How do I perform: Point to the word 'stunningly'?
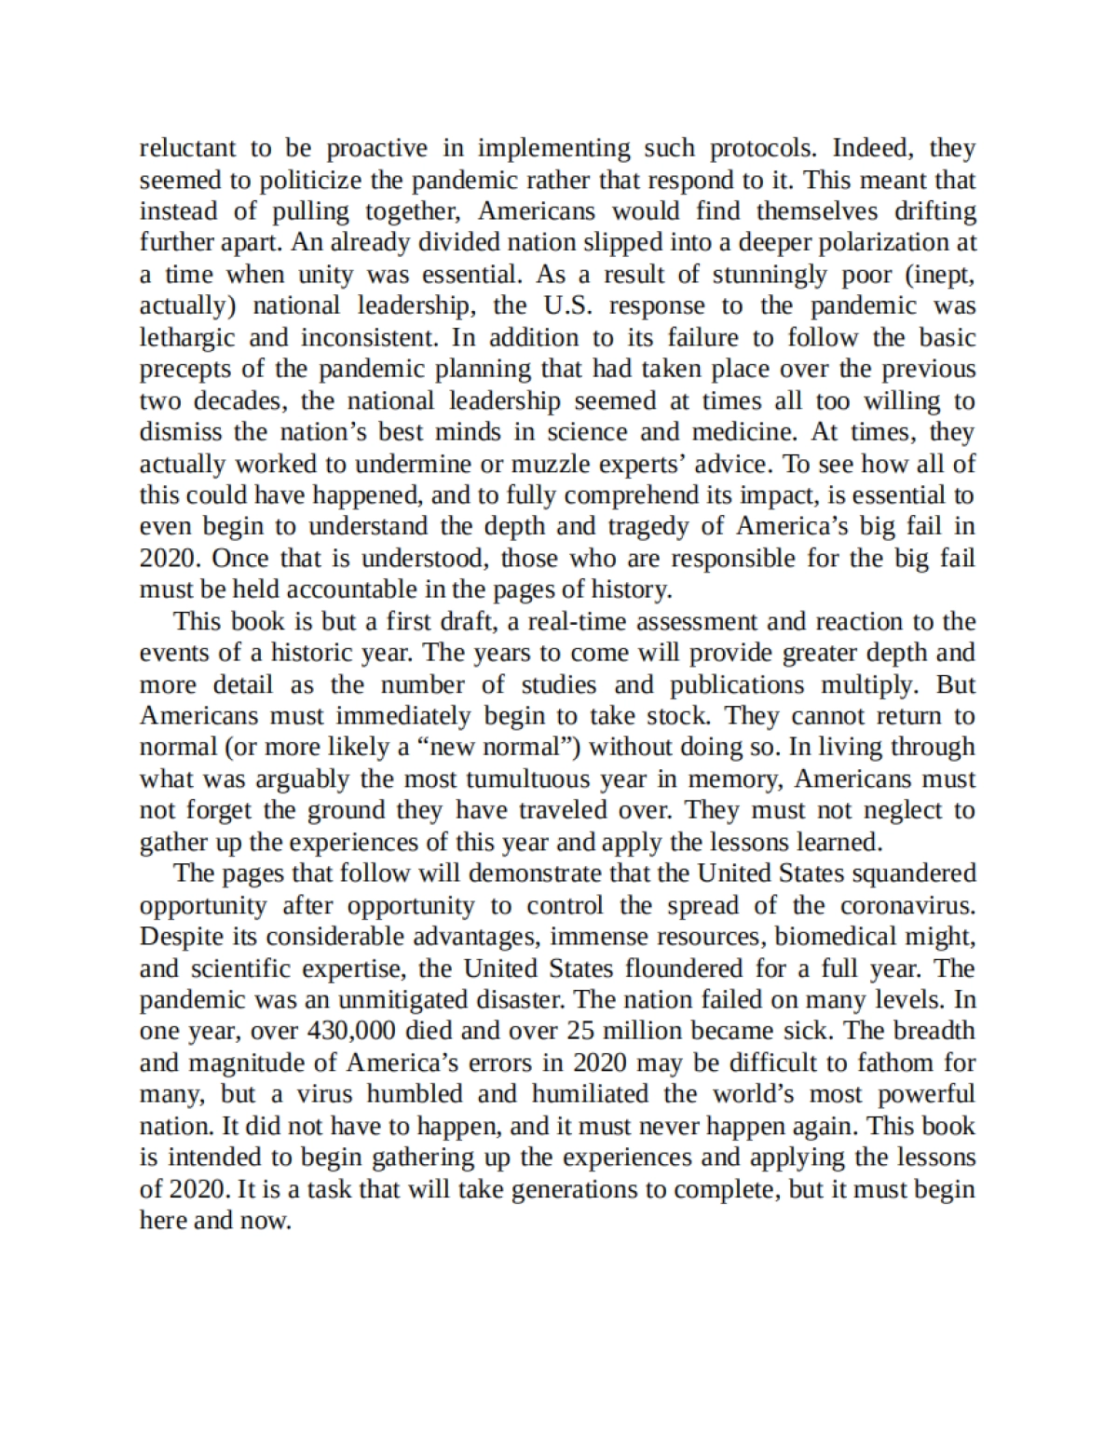point(770,274)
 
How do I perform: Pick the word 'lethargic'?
point(186,337)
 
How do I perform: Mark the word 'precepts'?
point(185,369)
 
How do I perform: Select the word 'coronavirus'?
point(907,905)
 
